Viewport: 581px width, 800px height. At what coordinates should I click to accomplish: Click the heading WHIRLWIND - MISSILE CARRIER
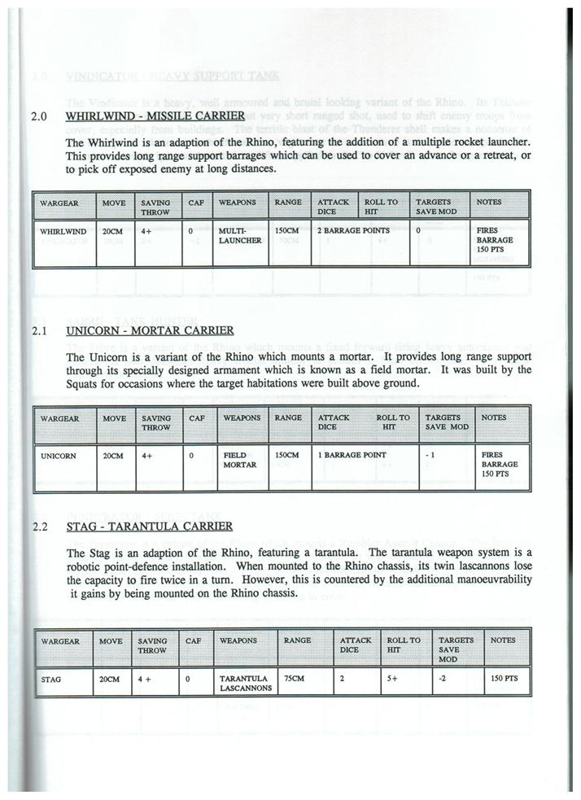pos(155,116)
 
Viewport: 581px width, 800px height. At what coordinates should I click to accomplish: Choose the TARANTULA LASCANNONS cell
pos(244,682)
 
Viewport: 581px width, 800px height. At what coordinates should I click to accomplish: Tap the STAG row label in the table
pos(50,677)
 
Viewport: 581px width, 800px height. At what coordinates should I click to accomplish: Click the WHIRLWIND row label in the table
pos(63,231)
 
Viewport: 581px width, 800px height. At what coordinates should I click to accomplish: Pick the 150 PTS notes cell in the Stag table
pos(505,677)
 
